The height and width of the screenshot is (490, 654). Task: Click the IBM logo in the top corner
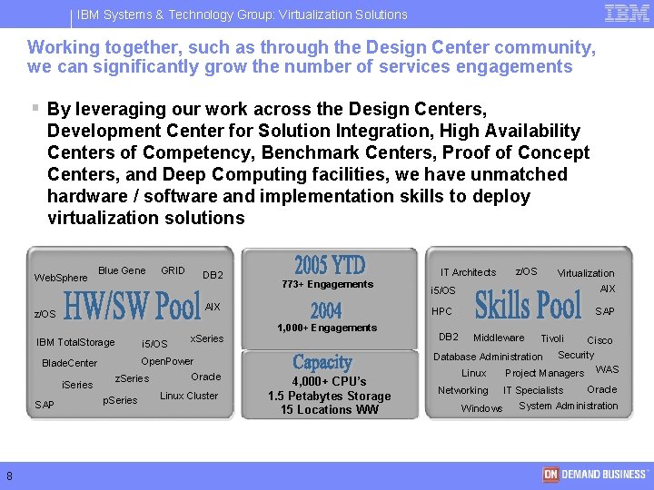(627, 13)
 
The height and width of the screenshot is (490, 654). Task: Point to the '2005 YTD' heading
(329, 266)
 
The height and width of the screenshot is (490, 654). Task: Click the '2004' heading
(326, 310)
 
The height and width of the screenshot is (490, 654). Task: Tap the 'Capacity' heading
(322, 363)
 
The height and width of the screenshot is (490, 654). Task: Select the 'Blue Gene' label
(122, 270)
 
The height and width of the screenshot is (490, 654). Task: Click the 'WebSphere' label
(61, 278)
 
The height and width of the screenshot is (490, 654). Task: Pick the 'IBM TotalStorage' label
(75, 342)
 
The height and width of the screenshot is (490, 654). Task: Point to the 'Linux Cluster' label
(189, 396)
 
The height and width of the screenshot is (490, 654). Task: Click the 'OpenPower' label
(167, 361)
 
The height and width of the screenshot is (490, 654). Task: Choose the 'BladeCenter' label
(70, 364)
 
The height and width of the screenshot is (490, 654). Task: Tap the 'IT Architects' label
(468, 272)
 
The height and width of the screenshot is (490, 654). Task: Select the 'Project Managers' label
(544, 373)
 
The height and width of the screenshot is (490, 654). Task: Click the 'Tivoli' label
(552, 338)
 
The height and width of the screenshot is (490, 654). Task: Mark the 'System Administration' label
(569, 406)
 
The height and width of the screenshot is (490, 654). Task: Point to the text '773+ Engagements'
(327, 284)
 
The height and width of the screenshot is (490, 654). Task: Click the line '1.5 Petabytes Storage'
(329, 396)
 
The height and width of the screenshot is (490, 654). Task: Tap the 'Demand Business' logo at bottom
(595, 475)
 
